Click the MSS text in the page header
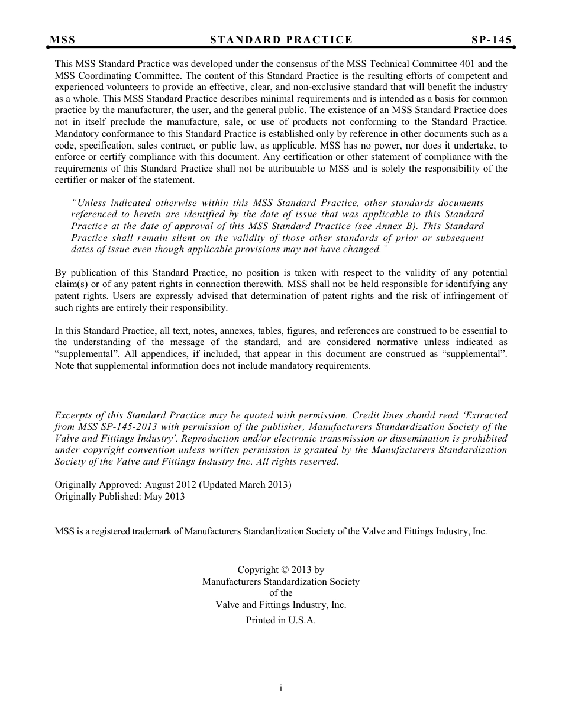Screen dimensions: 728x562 coord(63,40)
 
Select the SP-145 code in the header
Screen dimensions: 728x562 coord(492,40)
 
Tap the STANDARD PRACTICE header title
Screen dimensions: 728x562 coord(281,40)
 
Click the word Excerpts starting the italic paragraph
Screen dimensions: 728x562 coord(75,415)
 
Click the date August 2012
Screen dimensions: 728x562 coord(169,485)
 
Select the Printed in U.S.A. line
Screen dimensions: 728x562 coord(281,620)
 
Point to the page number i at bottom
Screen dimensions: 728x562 coord(281,688)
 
